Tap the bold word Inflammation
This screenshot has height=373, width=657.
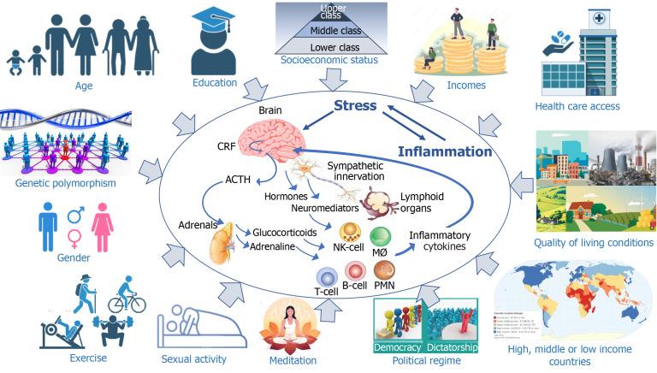pyautogui.click(x=445, y=151)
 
